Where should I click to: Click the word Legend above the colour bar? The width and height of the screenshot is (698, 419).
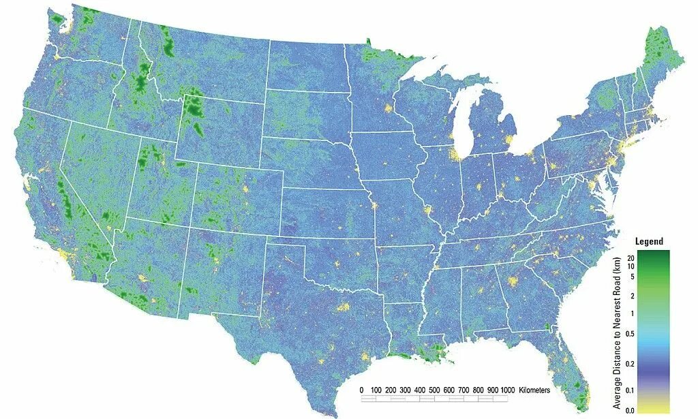pos(648,242)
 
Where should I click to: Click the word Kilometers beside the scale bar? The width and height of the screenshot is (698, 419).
pos(534,390)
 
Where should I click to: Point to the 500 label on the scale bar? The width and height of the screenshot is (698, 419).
pos(420,390)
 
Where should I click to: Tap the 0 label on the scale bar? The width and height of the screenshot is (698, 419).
pos(361,390)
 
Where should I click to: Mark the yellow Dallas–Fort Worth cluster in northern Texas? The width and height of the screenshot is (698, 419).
pos(342,308)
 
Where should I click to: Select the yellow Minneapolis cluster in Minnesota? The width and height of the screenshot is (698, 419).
pos(389,109)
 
